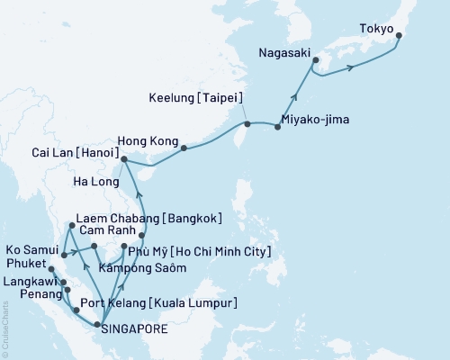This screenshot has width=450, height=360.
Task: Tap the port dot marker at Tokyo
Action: click(x=400, y=37)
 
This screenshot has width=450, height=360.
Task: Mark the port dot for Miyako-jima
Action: click(x=277, y=127)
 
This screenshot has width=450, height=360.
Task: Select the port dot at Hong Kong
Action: click(x=184, y=148)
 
